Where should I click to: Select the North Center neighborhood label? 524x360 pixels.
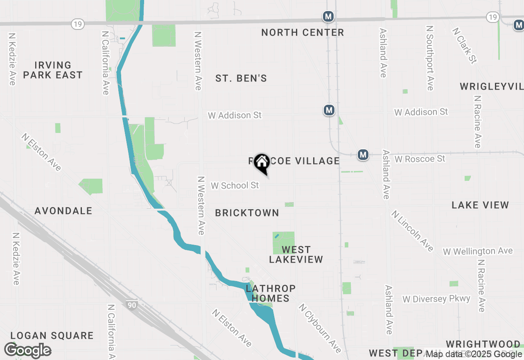tap(303, 32)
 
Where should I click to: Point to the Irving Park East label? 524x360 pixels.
tap(53, 70)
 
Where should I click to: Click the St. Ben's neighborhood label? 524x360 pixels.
tap(241, 78)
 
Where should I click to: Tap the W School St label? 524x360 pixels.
tap(235, 185)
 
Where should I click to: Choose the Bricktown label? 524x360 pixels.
tap(247, 213)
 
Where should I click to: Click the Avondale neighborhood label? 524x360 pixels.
tap(63, 211)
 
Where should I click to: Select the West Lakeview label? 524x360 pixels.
tap(296, 254)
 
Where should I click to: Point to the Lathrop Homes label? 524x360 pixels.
tap(271, 293)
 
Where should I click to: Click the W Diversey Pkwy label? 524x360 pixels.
tap(436, 299)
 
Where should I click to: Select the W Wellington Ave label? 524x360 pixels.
tap(478, 251)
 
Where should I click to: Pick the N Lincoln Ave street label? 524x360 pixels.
tap(412, 231)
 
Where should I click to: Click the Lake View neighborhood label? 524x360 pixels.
tap(480, 205)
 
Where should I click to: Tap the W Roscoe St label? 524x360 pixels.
tap(420, 158)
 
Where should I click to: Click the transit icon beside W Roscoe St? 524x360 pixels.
tap(363, 155)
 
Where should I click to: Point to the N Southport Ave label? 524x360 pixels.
tap(429, 58)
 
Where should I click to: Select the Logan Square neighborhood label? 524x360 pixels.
tap(52, 335)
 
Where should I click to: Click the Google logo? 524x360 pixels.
tap(27, 350)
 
